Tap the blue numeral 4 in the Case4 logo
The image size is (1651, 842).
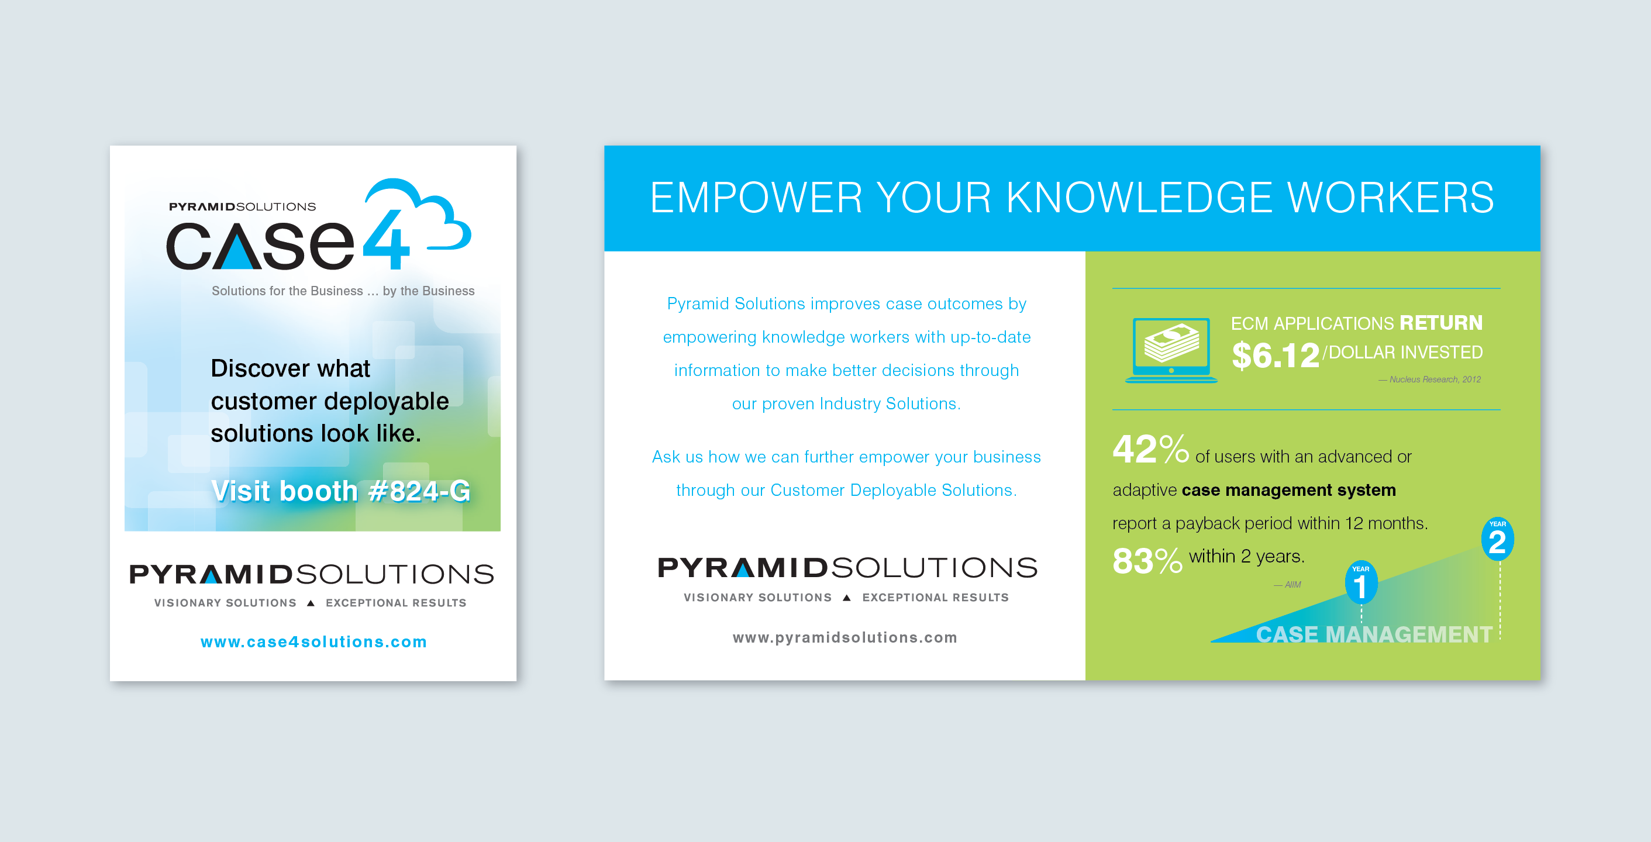387,239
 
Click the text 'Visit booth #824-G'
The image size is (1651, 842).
341,491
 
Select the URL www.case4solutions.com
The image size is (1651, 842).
313,641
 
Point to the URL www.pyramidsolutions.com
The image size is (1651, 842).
845,637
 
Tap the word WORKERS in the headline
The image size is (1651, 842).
1391,198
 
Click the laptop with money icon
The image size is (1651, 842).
1171,350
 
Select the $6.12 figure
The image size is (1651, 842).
1276,356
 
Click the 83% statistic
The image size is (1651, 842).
1147,561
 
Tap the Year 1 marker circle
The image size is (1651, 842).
1361,582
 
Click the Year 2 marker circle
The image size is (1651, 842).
1497,539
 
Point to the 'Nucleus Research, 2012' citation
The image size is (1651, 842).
1430,379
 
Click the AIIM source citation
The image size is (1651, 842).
1288,584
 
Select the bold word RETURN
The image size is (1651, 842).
1441,322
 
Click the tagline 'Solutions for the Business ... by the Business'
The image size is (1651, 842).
343,291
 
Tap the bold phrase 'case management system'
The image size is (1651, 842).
1288,490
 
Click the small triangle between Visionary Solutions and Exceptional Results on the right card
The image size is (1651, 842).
847,597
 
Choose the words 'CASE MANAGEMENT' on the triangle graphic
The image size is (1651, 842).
1374,634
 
